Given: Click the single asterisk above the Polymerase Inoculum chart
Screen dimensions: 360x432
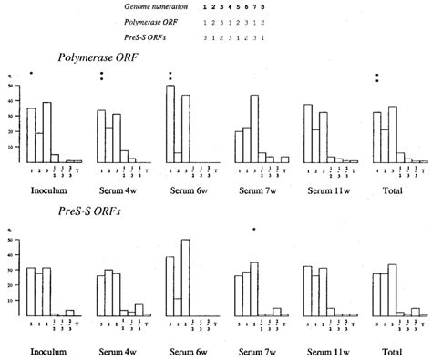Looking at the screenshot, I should [x=31, y=74].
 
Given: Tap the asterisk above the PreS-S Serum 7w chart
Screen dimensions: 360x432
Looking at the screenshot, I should [x=254, y=231].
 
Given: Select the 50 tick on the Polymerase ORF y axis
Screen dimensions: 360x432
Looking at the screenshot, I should [x=9, y=86].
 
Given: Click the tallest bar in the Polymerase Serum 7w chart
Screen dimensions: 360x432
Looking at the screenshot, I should [x=254, y=129].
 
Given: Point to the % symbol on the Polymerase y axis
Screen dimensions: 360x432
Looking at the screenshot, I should [x=9, y=76].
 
